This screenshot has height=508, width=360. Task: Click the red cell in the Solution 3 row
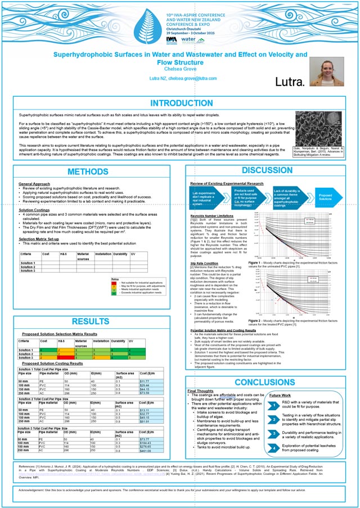coord(67,357)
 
